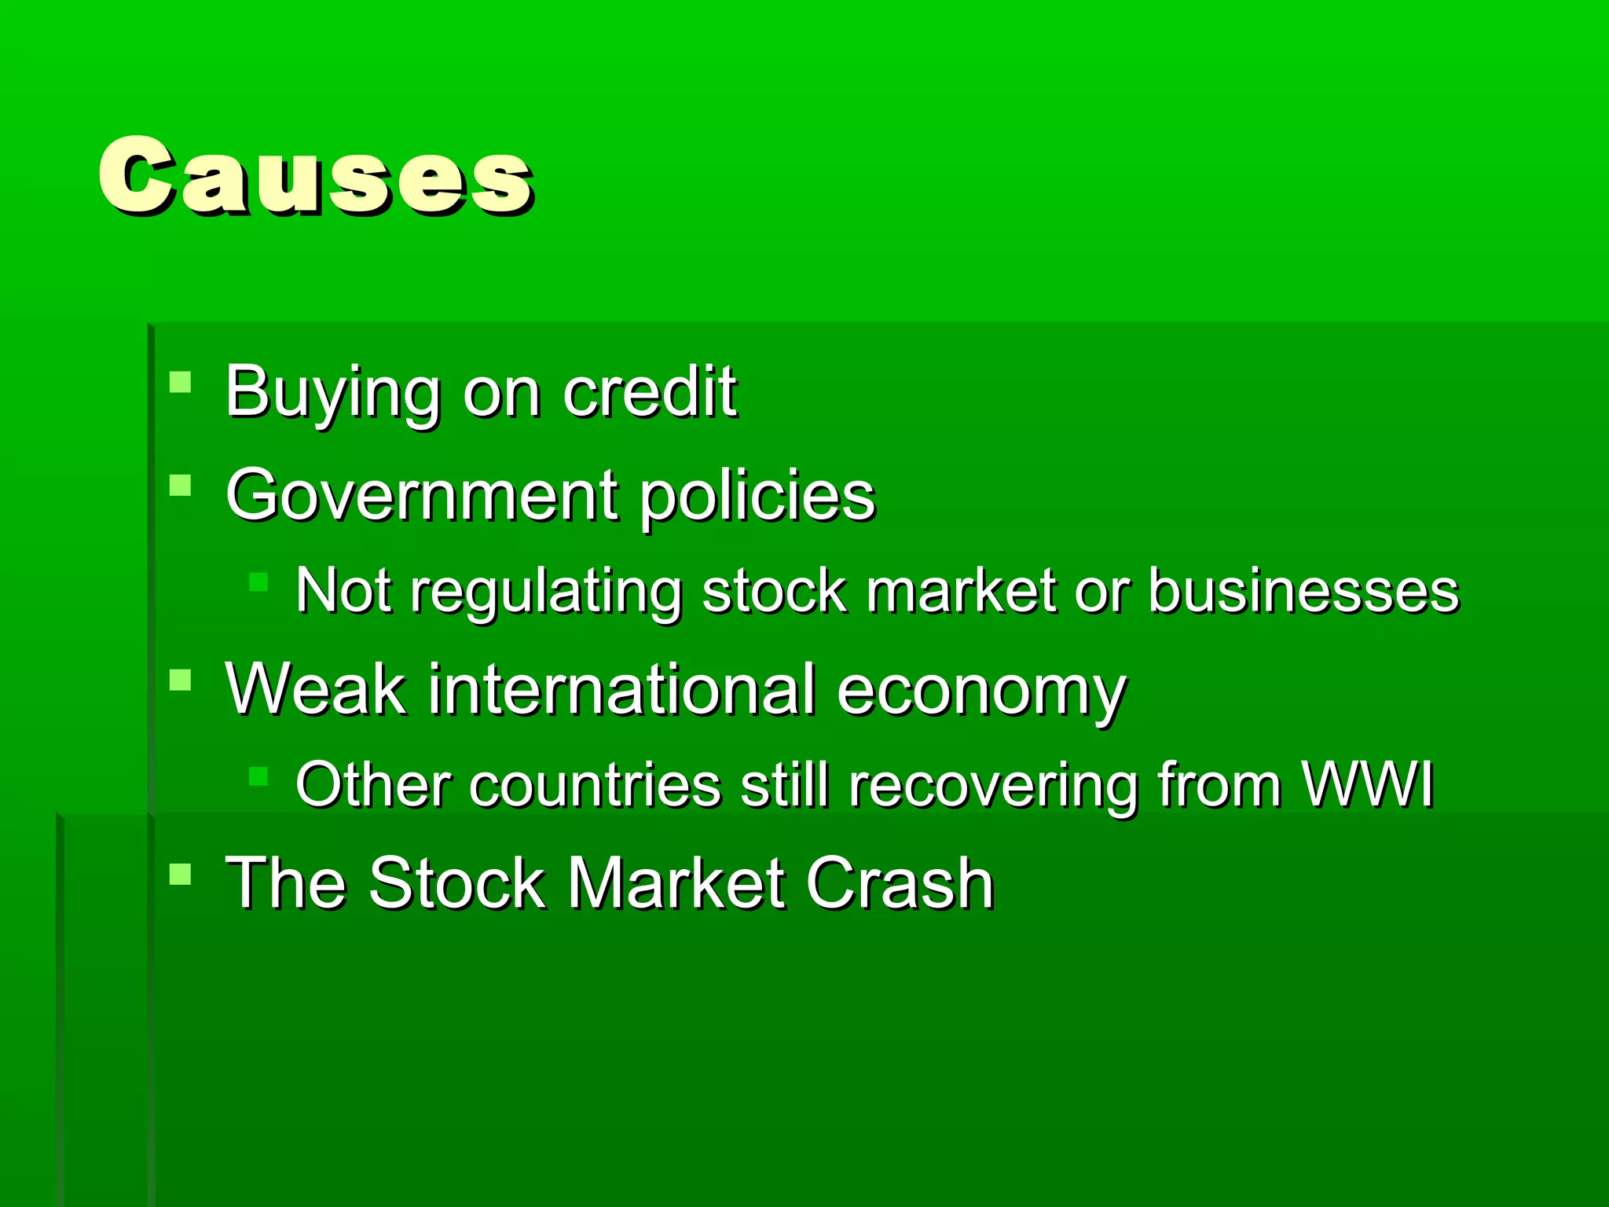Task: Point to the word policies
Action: (x=757, y=497)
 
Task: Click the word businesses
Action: (x=1303, y=591)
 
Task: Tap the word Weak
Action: (x=316, y=689)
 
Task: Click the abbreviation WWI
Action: (x=1366, y=784)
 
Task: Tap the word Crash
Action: (x=900, y=883)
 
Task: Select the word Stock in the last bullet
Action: (x=457, y=883)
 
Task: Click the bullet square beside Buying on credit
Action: (x=181, y=382)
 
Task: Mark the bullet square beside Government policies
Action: (x=181, y=485)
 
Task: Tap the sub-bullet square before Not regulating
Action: (x=258, y=582)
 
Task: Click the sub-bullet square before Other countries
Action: (x=258, y=776)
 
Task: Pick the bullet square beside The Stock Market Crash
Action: (x=181, y=874)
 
